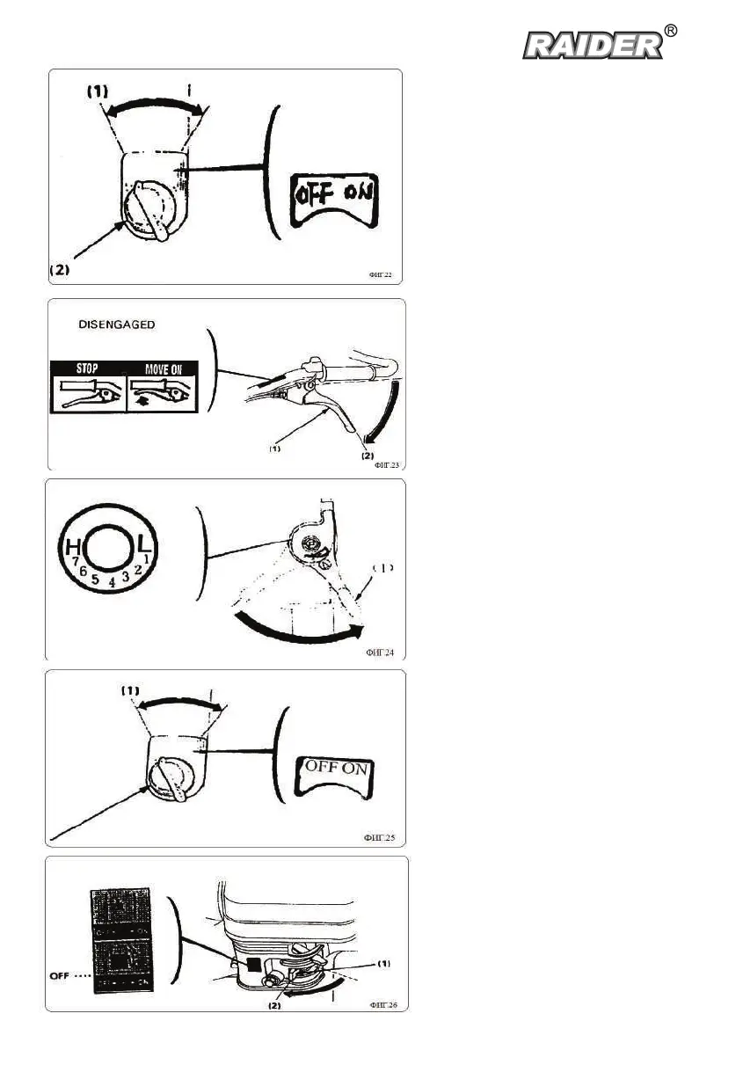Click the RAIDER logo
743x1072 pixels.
pos(593,45)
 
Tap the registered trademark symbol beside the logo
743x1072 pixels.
pos(671,32)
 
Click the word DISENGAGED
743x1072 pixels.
pos(117,325)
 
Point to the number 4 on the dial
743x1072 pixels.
pos(112,581)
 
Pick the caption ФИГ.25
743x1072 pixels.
pos(379,839)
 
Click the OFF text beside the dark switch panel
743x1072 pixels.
pos(58,974)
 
